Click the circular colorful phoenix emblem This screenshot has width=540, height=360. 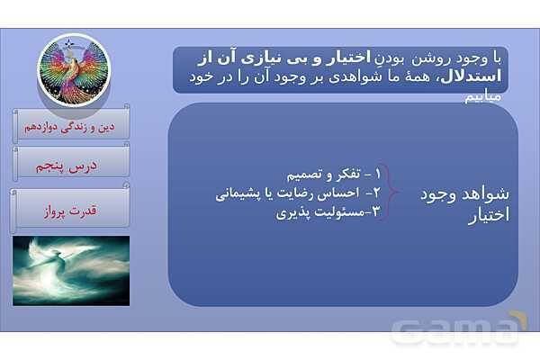click(73, 68)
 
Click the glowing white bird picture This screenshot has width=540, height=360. click(71, 271)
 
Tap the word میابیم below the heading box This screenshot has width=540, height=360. click(486, 97)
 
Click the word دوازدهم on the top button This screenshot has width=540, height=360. click(51, 124)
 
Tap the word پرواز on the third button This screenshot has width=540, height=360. click(58, 211)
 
